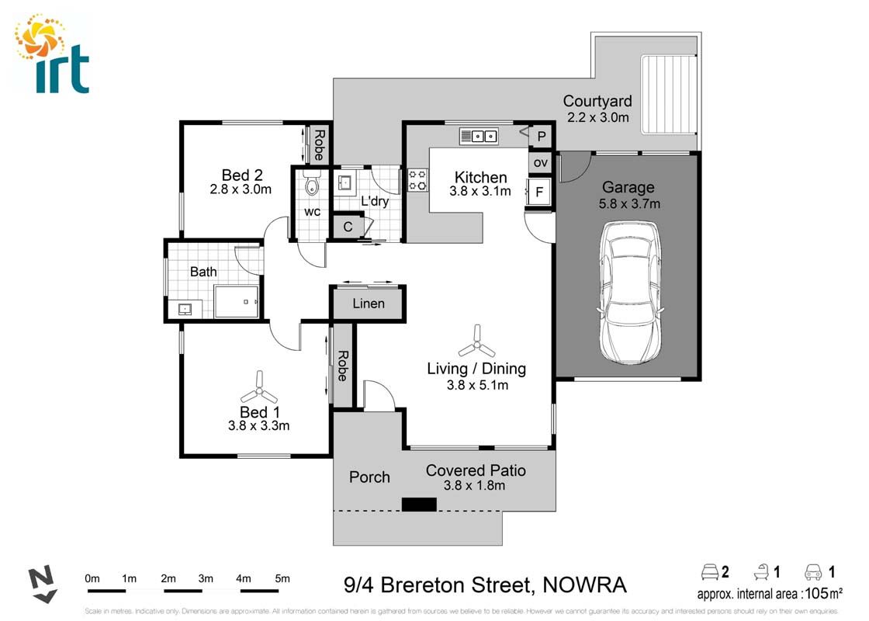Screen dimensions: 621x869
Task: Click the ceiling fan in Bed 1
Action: (x=258, y=383)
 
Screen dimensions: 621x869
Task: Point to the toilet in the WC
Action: (x=312, y=185)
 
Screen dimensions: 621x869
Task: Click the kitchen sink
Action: (x=480, y=137)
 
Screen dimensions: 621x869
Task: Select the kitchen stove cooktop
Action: (x=417, y=180)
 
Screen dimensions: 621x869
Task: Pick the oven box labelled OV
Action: (x=541, y=162)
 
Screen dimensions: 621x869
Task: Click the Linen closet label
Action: (x=368, y=304)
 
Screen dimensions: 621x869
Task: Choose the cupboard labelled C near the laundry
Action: (x=348, y=227)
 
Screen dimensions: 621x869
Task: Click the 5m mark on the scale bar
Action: (x=282, y=579)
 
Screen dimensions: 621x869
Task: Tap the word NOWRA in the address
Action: (x=583, y=585)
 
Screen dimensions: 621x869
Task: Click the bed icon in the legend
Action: (x=709, y=573)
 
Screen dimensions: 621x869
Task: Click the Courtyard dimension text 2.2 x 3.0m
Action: (x=597, y=117)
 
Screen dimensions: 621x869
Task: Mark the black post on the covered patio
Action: (x=419, y=505)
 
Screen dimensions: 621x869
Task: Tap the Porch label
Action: (x=369, y=477)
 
